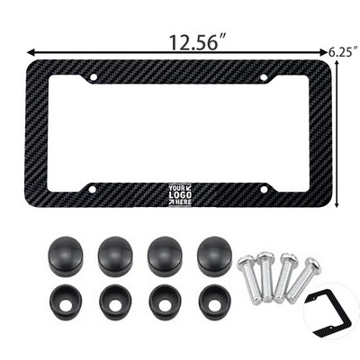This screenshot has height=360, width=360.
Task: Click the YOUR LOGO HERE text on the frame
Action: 180,193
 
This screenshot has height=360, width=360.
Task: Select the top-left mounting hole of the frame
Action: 94,78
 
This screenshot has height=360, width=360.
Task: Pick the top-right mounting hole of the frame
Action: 264,78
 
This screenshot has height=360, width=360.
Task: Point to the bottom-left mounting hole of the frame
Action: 94,188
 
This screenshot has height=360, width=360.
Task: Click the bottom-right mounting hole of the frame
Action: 264,188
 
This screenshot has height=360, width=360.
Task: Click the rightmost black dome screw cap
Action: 212,255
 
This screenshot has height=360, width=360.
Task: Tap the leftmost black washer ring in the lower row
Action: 67,303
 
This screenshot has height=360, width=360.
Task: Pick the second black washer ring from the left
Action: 114,303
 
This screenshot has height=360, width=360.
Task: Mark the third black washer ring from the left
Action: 163,303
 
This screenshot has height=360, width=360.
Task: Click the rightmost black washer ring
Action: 211,303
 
